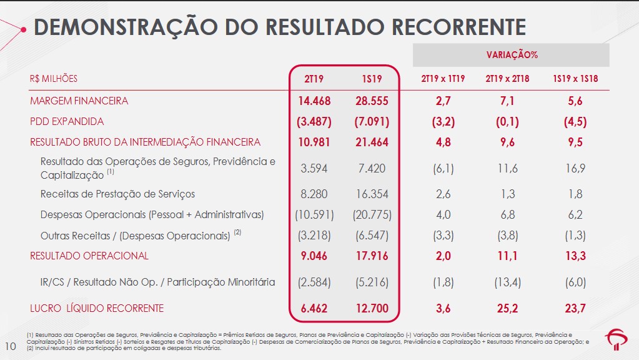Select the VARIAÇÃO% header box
tap(512, 55)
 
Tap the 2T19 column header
tap(314, 79)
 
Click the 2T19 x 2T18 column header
tap(507, 79)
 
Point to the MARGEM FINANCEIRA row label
tap(79, 101)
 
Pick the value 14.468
tap(314, 101)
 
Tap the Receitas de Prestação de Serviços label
tap(117, 194)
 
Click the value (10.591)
tap(314, 214)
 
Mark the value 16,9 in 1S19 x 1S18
tap(575, 168)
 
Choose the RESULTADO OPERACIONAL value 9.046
tap(314, 256)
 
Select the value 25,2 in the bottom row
tap(507, 308)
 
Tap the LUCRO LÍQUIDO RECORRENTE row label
tap(97, 308)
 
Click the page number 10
tap(10, 346)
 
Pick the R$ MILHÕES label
tap(54, 79)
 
